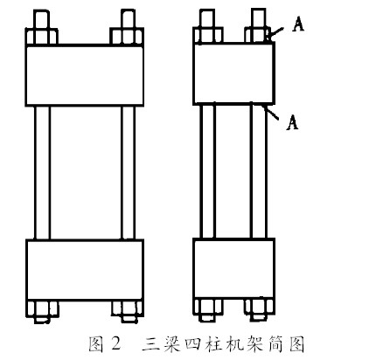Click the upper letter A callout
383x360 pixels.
click(297, 24)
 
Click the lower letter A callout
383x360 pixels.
click(292, 122)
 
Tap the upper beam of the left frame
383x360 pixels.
click(85, 75)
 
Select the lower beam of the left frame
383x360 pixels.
click(85, 270)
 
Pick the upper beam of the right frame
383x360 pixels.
click(233, 73)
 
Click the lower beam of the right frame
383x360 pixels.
click(233, 268)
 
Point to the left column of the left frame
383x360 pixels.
click(42, 173)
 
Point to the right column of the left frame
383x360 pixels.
click(129, 173)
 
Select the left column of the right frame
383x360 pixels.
click(208, 171)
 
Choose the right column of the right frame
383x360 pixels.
click(259, 171)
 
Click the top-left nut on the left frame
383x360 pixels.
click(42, 36)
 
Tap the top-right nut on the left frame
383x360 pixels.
click(127, 36)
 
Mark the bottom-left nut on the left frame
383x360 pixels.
click(42, 308)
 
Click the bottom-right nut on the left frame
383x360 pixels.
click(128, 308)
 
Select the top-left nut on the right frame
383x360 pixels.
click(208, 35)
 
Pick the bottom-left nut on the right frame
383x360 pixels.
click(209, 307)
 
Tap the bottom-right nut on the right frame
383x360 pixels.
click(259, 307)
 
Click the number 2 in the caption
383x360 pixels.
click(115, 343)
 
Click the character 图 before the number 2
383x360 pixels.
click(96, 344)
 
